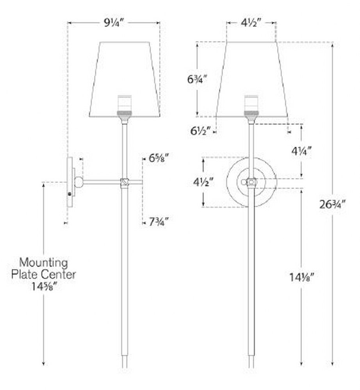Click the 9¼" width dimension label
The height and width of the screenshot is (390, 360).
pos(114,23)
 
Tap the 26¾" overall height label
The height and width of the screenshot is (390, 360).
pos(332,204)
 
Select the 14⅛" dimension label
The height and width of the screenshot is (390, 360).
pos(302,277)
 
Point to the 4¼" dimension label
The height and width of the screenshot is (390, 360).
pos(301,151)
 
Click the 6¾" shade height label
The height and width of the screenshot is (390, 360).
pos(197,80)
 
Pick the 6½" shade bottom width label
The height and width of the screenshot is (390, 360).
pos(201,131)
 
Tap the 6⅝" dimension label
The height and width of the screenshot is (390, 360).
pos(159,158)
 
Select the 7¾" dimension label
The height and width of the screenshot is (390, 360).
pos(159,222)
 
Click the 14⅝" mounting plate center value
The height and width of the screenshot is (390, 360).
pos(44,287)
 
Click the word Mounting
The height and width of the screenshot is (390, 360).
pos(44,262)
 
